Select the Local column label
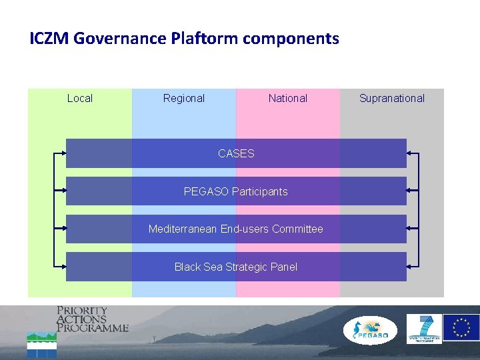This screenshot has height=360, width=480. (80, 98)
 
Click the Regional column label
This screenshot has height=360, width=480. (184, 98)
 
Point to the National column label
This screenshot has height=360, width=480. (288, 98)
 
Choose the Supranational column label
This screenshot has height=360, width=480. (392, 98)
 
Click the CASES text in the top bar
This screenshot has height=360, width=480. (236, 153)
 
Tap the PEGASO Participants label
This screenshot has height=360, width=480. (236, 191)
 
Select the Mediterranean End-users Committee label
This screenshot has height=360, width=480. (236, 229)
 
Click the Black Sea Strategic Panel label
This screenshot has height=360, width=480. (236, 267)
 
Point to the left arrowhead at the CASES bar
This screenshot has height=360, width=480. (63, 153)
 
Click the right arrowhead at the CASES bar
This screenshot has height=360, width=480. (409, 153)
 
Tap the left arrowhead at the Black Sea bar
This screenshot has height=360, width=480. (63, 267)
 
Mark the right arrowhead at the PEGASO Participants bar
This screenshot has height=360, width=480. (409, 191)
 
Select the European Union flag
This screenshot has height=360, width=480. (461, 328)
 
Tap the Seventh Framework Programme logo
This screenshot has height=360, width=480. (424, 329)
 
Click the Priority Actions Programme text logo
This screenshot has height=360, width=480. (91, 319)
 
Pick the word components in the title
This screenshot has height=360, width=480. (291, 39)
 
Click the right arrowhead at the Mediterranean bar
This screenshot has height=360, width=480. (409, 228)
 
